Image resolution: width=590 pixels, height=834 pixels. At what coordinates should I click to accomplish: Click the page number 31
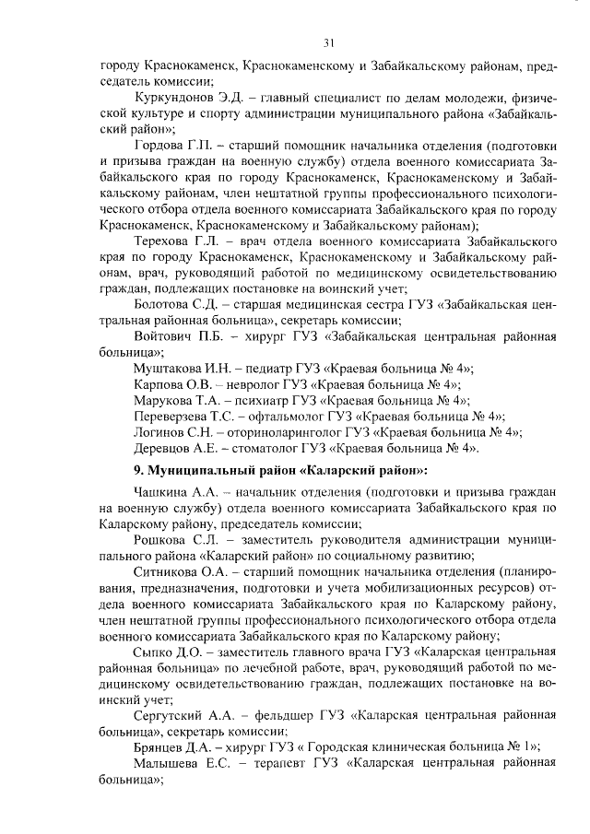point(329,42)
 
